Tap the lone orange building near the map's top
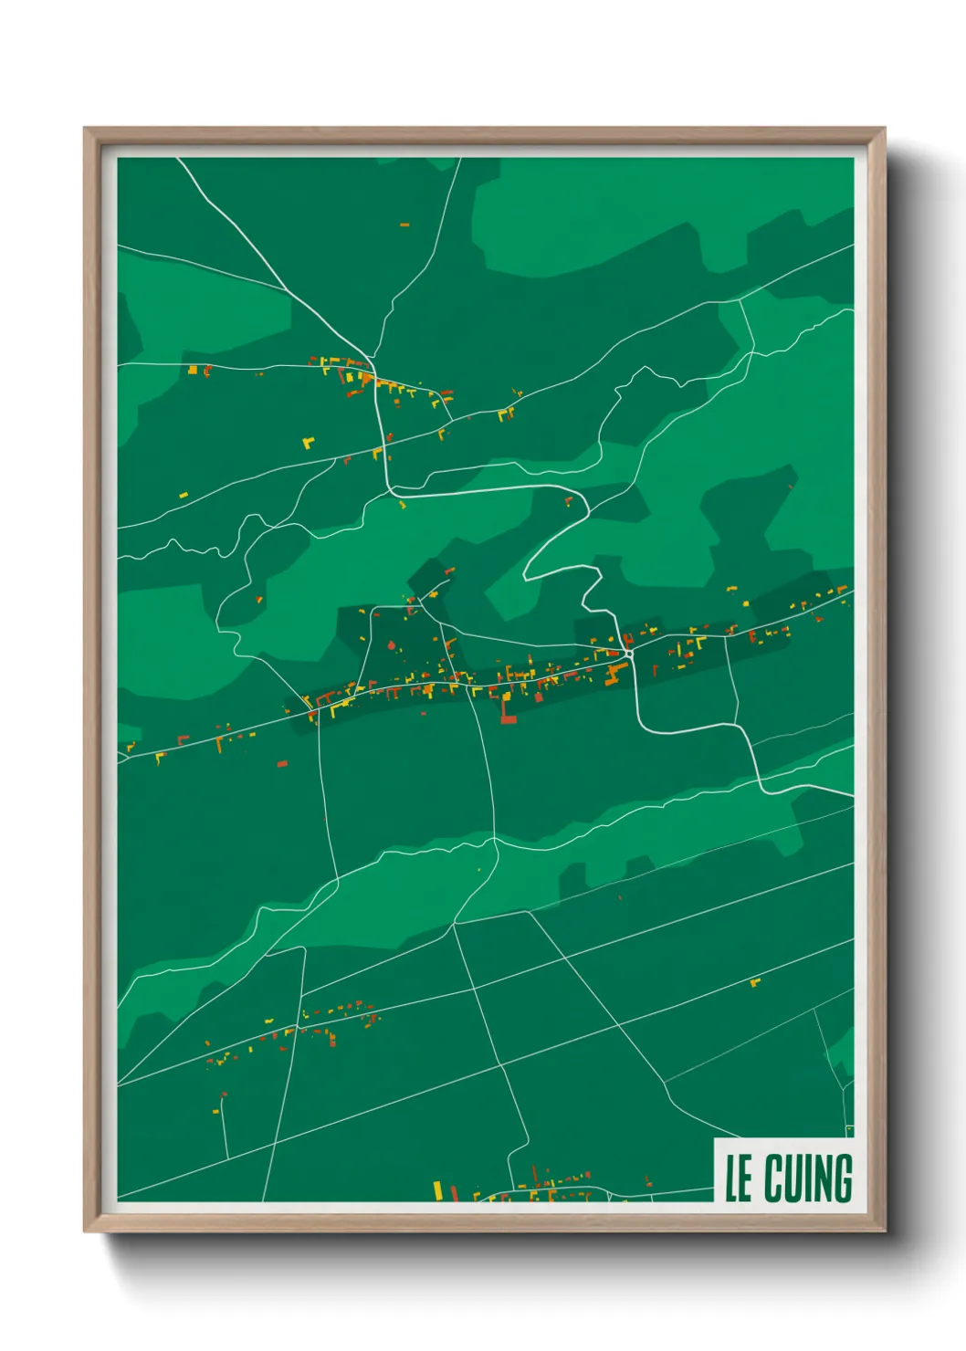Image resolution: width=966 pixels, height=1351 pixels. tap(404, 225)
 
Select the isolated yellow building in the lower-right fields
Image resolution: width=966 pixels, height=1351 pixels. tap(754, 982)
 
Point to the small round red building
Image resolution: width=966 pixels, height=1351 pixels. tap(392, 645)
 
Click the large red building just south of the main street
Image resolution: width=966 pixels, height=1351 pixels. tap(507, 714)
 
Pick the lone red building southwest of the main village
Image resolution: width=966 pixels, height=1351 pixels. tap(282, 763)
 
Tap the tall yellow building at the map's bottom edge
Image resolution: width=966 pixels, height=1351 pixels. tap(437, 1190)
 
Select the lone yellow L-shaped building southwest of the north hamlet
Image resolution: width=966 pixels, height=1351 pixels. tap(309, 443)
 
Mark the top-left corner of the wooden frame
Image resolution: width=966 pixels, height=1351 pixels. tap(86, 130)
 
